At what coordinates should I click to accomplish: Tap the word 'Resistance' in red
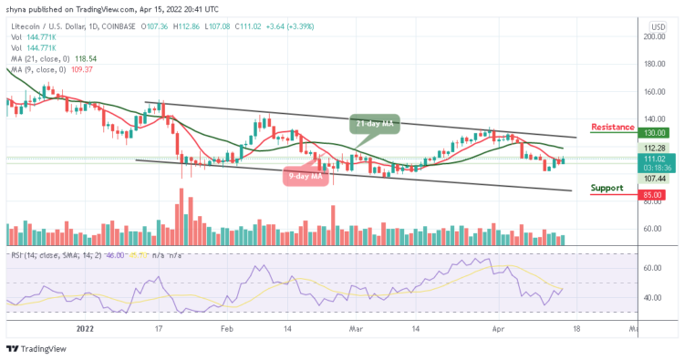(x=612, y=127)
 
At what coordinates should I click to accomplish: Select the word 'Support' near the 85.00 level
(x=606, y=188)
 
